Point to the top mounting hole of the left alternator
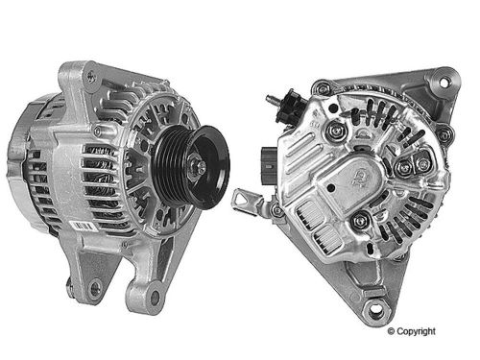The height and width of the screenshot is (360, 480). [90, 73]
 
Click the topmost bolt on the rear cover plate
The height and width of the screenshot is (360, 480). [334, 128]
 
